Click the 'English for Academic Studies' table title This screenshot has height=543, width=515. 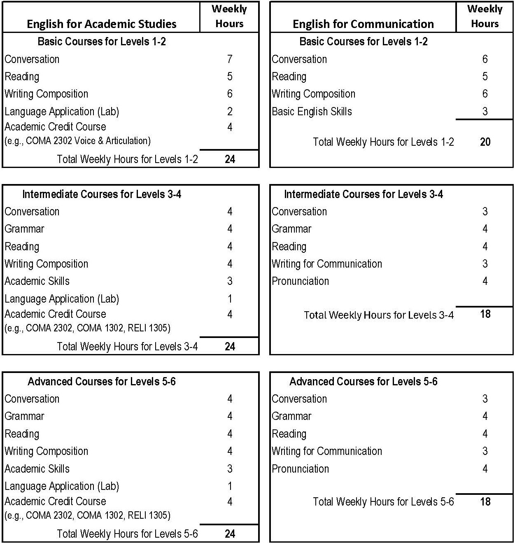click(101, 24)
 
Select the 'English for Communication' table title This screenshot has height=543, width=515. click(363, 24)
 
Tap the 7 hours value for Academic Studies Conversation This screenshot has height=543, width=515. click(230, 59)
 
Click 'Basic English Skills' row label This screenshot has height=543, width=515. click(312, 112)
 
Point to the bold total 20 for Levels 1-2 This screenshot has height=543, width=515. click(485, 142)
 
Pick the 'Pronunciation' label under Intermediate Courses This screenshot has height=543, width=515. click(300, 281)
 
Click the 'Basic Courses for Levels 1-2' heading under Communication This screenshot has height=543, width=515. click(363, 42)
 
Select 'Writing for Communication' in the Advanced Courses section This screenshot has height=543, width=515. click(326, 451)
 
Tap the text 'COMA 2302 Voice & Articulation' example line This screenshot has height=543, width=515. click(77, 141)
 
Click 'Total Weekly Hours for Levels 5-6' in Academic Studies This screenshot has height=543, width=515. click(127, 534)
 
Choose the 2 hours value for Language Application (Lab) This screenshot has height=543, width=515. click(230, 112)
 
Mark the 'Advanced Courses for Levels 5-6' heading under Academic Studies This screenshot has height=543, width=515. click(101, 382)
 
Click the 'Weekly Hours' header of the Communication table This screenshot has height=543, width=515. click(485, 16)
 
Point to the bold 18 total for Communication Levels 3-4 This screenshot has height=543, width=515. click(485, 314)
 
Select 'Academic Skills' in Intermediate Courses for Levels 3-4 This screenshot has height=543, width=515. click(37, 281)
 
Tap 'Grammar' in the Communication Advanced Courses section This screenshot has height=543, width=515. click(291, 416)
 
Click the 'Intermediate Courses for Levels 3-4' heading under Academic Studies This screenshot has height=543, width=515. click(101, 194)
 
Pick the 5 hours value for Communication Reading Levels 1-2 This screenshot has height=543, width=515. click(485, 77)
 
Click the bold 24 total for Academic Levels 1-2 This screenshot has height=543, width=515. click(230, 159)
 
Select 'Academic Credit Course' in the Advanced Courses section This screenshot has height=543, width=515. click(55, 501)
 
